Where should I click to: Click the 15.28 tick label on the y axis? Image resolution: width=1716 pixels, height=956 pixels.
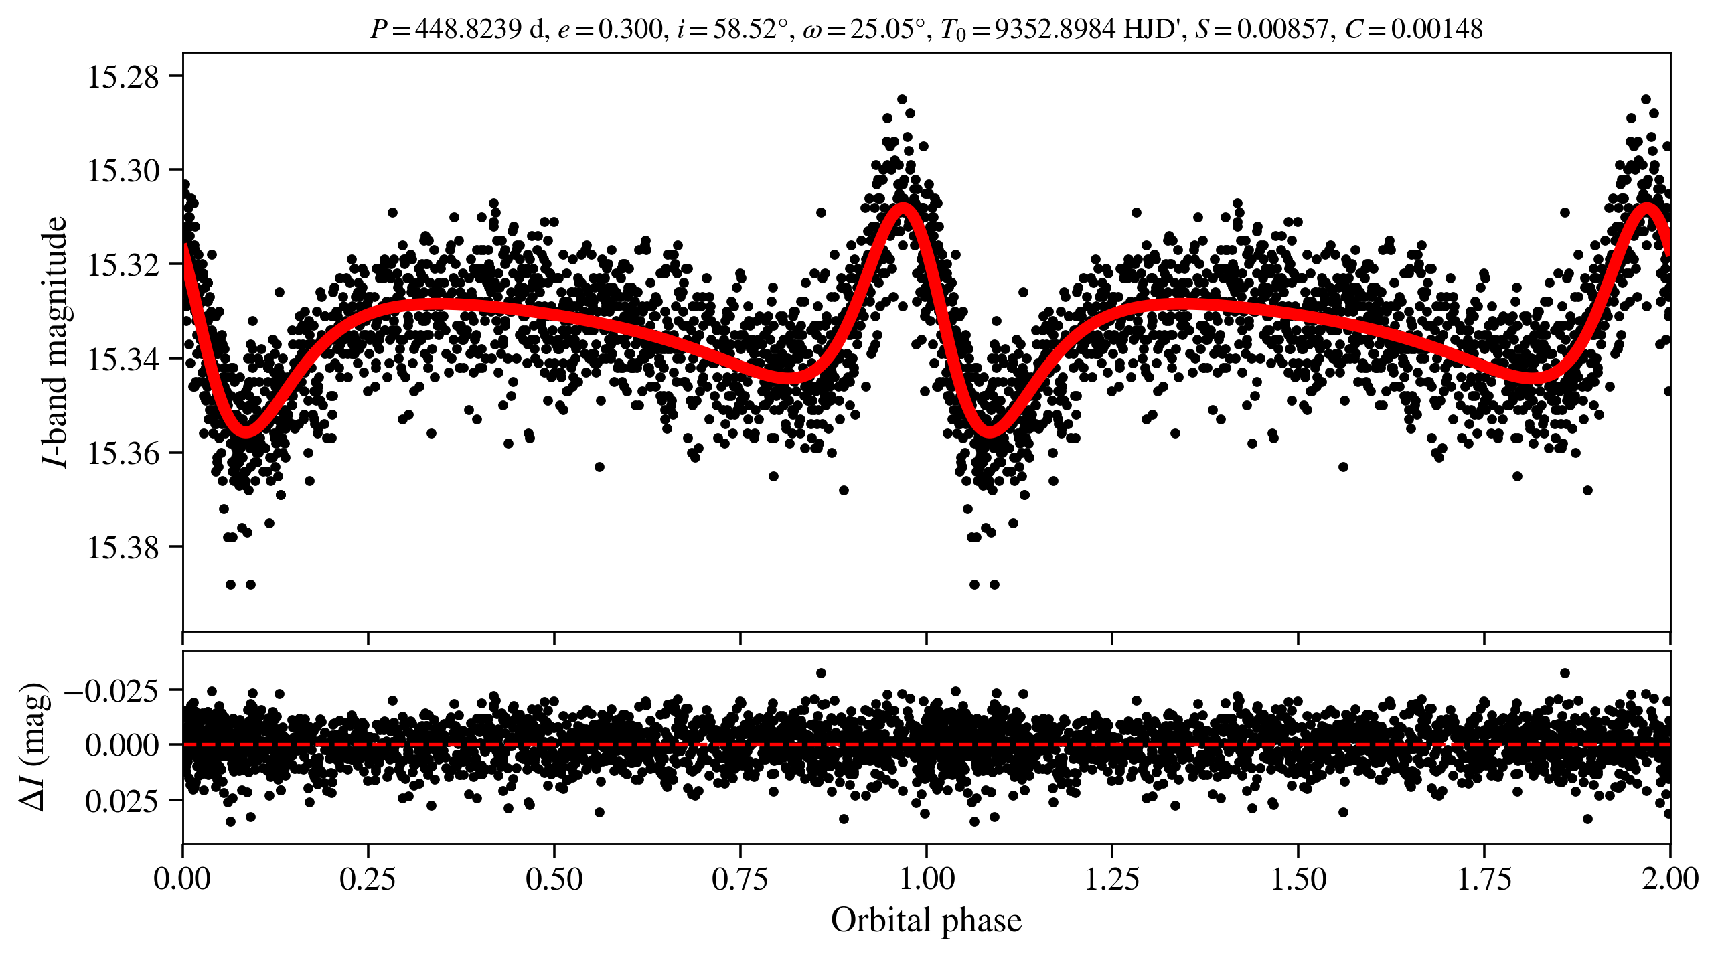coord(123,77)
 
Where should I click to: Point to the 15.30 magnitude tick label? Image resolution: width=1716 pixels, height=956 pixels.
coord(123,171)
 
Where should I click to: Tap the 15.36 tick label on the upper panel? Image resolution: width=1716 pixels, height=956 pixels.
coord(123,454)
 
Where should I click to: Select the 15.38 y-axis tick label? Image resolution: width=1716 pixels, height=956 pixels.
coord(123,548)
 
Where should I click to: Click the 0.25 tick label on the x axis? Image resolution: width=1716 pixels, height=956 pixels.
coord(368,878)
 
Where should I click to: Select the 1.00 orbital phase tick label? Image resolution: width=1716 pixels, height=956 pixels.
coord(926,878)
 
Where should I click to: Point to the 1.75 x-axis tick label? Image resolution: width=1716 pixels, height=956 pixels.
coord(1484,878)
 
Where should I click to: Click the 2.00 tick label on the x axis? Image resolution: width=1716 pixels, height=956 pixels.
coord(1670,878)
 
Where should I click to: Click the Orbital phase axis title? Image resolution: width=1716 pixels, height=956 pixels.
coord(926,920)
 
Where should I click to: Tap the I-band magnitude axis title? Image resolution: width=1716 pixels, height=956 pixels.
coord(55,341)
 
